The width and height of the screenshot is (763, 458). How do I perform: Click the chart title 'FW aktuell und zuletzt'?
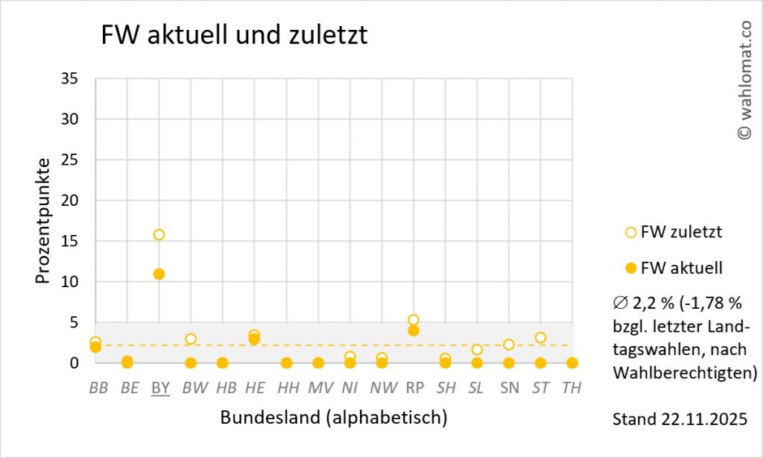234,35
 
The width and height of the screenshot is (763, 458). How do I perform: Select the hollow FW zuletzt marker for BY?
159,235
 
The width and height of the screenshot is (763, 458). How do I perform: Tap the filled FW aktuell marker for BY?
159,274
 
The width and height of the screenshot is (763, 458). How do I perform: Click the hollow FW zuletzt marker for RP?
414,320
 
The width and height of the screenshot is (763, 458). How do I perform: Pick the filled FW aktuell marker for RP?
414,330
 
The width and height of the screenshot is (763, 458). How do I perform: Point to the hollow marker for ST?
540,338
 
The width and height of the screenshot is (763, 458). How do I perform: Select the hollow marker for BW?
191,339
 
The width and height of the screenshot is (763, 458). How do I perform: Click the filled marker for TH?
572,363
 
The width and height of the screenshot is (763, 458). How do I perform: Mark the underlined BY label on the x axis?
159,388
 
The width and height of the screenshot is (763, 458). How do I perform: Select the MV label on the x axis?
318,388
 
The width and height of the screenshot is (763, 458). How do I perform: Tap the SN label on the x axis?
509,388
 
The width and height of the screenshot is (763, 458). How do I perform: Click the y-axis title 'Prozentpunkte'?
43,221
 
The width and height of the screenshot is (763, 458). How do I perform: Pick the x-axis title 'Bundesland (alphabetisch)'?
333,418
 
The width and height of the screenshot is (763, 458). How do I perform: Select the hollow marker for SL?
477,349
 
